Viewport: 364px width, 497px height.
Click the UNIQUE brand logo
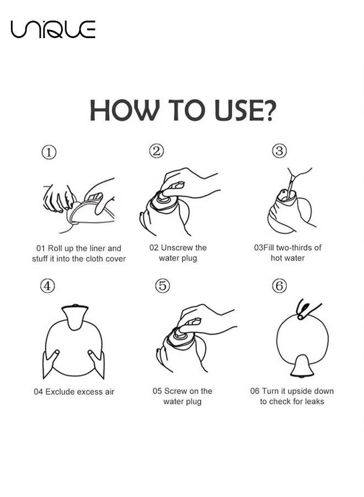coord(53,29)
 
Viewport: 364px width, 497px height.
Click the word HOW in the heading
coord(124,110)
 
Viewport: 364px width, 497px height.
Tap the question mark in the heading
coord(269,110)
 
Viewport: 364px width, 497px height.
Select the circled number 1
coord(49,152)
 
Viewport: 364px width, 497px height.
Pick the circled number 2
coord(157,151)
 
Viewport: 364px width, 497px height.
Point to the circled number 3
coord(279,151)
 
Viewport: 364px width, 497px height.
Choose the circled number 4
coord(47,286)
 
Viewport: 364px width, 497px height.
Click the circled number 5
coord(162,285)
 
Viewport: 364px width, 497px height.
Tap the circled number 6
coord(280,286)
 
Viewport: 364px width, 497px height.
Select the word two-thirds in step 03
coord(290,248)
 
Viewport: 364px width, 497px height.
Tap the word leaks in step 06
coord(314,401)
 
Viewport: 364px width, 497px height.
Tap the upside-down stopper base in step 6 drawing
coord(302,367)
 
